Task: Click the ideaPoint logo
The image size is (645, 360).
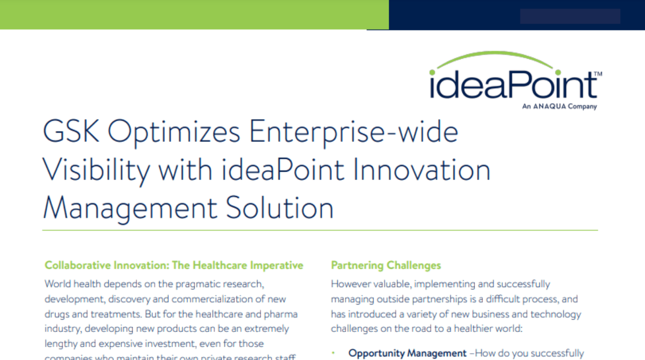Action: [x=513, y=85]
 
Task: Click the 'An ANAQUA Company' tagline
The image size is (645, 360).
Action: [x=559, y=107]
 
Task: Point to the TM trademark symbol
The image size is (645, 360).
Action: [x=598, y=73]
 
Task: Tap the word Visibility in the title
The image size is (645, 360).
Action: [x=96, y=170]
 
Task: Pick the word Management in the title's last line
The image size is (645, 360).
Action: [x=130, y=207]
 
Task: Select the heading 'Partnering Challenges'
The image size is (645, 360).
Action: [x=386, y=265]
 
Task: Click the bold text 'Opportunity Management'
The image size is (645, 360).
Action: [x=408, y=353]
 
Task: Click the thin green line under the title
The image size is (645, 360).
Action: [x=320, y=230]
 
